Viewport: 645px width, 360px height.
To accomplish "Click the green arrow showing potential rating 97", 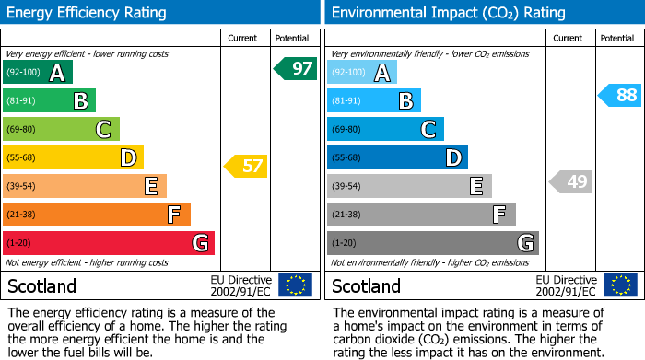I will (x=296, y=68).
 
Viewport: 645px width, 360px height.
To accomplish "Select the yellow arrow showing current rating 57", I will (x=246, y=167).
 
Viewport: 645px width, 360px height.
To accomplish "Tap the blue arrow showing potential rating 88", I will (x=620, y=95).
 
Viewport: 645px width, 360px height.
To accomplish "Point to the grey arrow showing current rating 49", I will (x=570, y=181).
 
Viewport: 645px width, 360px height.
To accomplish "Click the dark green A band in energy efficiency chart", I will (x=38, y=73).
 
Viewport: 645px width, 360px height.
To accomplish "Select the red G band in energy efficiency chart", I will (x=109, y=243).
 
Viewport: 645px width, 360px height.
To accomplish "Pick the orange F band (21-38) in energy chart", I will (x=97, y=215).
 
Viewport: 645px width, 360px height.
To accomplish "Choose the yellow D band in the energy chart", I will (x=73, y=157).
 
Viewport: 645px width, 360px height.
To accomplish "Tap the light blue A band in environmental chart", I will (x=362, y=73).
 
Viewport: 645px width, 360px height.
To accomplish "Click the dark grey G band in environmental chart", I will (x=432, y=243).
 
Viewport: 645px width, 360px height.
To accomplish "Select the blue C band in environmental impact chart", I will (x=385, y=129).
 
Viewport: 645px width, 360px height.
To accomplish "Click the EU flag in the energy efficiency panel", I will (x=295, y=285).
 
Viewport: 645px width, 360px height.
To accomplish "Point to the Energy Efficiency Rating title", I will (x=88, y=13).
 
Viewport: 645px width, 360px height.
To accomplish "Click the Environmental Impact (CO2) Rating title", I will (x=448, y=13).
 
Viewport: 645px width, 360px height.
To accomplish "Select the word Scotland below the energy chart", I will (x=41, y=286).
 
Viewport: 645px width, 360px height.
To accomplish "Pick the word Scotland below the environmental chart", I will (x=366, y=286).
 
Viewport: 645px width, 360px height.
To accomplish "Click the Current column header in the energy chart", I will (x=242, y=38).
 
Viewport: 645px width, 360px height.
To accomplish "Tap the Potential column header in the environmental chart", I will (x=617, y=38).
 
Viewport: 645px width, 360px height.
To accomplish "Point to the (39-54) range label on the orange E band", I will (x=21, y=187).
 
